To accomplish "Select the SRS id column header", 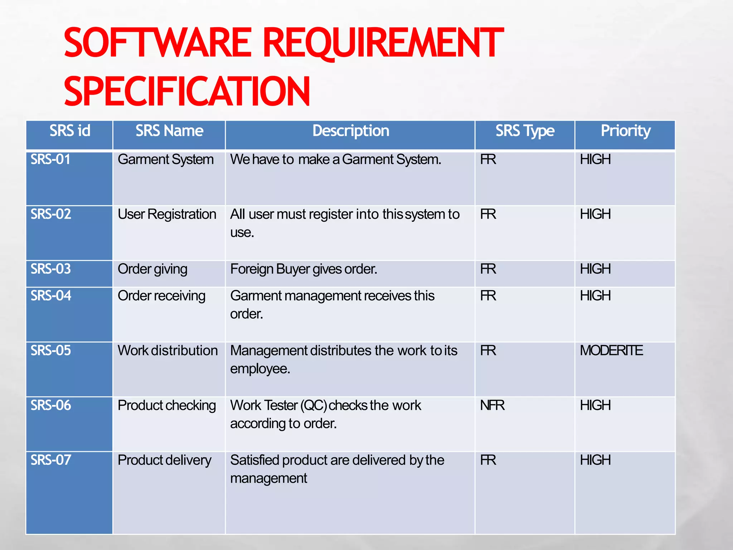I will [70, 131].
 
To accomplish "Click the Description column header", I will [350, 131].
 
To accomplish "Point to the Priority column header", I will [625, 131].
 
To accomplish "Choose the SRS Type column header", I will [525, 131].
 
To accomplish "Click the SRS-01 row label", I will [50, 160].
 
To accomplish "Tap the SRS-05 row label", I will [51, 351].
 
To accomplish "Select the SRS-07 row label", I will [51, 460].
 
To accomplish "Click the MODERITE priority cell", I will [611, 351].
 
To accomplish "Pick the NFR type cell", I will [492, 405].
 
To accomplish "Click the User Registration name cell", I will [167, 214].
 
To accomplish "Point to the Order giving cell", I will [152, 269].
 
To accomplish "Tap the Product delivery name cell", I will [164, 460].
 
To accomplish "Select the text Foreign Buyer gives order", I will [304, 269].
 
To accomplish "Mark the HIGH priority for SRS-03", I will [595, 269].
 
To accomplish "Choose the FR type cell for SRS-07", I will [488, 460].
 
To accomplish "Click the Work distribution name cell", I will [168, 351].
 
